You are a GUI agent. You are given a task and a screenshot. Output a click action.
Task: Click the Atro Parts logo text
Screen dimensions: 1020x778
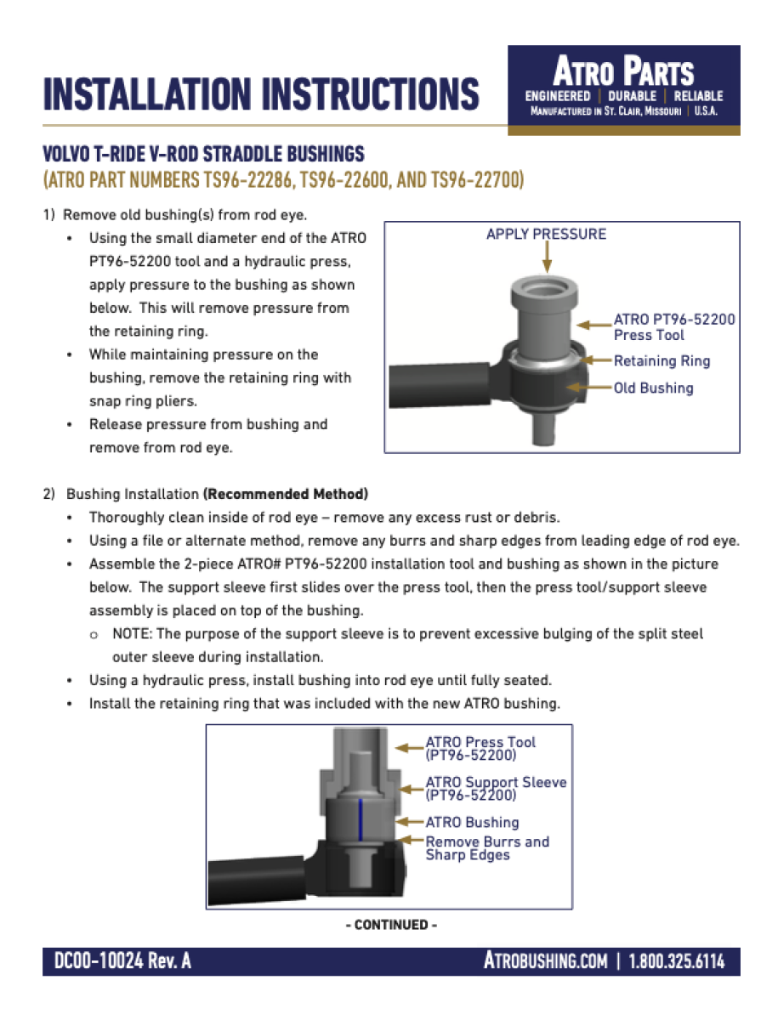coord(623,71)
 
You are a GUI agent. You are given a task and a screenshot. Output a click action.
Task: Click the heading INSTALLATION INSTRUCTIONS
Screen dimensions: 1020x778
coord(261,94)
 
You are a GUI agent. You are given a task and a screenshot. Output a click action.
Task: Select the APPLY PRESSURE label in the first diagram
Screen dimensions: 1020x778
coord(546,234)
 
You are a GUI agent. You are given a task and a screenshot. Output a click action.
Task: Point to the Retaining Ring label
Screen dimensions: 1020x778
coord(662,361)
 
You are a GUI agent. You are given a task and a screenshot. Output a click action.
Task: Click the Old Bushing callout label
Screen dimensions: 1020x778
coord(653,388)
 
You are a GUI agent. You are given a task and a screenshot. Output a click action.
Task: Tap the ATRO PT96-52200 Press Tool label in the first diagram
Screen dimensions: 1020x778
coord(674,327)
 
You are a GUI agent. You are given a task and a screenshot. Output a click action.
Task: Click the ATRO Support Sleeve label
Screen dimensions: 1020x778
coord(495,789)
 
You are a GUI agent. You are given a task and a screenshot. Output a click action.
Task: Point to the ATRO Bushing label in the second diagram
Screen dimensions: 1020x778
coord(472,822)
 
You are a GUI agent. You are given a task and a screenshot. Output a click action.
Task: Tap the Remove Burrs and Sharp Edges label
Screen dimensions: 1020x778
coord(487,848)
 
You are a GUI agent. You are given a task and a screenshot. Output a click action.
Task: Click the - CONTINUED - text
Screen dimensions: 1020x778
coord(391,925)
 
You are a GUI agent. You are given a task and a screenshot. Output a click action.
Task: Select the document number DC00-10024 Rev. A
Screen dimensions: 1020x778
coord(122,961)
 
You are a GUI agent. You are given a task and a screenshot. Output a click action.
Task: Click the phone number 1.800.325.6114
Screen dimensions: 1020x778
coord(677,961)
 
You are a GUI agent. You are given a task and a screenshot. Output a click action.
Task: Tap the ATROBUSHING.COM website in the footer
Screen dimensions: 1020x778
coord(545,961)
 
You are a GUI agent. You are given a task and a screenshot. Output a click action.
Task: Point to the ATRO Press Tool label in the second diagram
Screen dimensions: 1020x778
coord(480,748)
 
